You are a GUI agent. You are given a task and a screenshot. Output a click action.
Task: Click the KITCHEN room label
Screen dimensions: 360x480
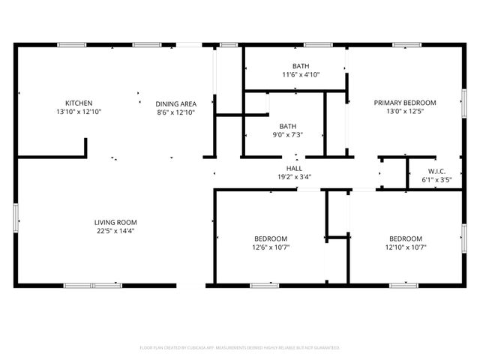click(x=78, y=103)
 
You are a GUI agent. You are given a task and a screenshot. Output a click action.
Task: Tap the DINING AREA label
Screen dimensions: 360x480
click(x=175, y=103)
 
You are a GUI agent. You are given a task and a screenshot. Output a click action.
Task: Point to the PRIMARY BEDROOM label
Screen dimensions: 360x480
click(x=405, y=103)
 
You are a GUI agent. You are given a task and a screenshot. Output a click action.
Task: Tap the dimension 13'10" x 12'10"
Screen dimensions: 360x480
click(x=78, y=112)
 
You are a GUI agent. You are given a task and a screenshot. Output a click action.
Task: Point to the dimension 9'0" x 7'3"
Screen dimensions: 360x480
click(x=288, y=135)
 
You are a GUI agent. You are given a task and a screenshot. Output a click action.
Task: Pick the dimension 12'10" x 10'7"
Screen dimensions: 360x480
click(x=405, y=247)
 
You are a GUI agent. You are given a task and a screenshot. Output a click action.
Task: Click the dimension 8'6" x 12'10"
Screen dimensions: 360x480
click(x=175, y=112)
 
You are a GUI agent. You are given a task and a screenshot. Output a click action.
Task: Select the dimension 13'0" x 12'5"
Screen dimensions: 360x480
click(x=405, y=112)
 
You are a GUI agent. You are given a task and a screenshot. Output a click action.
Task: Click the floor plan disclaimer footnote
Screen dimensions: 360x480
click(x=240, y=348)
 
